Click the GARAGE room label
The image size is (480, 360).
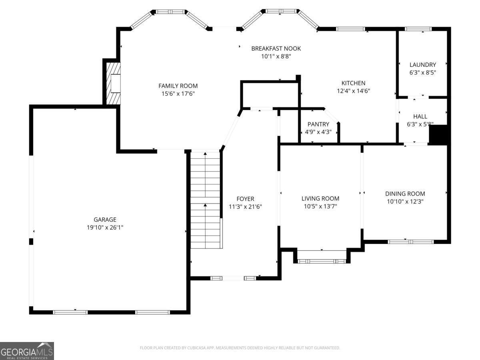coord(105,220)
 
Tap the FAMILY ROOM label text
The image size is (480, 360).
coord(178,86)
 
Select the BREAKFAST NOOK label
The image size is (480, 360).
coord(276,49)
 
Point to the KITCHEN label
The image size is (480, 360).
coord(354,83)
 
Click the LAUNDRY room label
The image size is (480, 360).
coord(422,65)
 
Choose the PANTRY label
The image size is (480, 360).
coord(318,124)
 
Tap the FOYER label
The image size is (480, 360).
coord(245,199)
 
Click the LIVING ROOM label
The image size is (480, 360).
coord(320,198)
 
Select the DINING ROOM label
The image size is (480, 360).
coord(405,194)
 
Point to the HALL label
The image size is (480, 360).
coord(420,116)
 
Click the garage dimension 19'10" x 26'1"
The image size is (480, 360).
coord(105,228)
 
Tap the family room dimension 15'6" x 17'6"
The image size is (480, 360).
coord(178,94)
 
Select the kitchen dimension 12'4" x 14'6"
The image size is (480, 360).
coord(354,91)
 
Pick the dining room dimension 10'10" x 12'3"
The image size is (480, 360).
coord(405,202)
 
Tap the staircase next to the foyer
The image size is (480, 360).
coord(205,200)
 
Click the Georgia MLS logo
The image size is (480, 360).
coord(27,351)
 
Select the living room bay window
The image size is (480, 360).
coord(322,261)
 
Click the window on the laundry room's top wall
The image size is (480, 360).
coord(418,29)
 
